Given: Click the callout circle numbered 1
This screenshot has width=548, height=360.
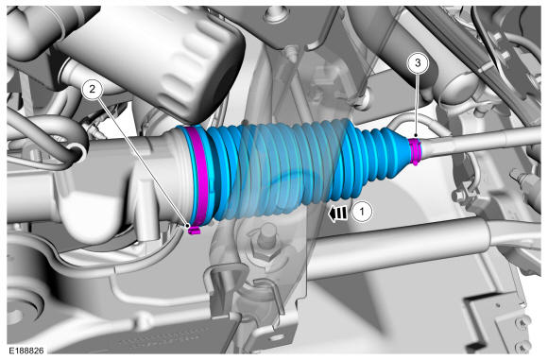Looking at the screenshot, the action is [x=362, y=212].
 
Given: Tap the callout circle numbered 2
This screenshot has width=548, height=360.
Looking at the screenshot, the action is [x=92, y=89].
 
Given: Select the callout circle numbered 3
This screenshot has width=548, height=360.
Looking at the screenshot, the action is [x=418, y=63].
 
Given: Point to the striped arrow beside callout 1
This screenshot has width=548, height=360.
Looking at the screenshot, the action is [x=337, y=214].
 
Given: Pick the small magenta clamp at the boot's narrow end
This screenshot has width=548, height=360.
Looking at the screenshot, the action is [x=415, y=151].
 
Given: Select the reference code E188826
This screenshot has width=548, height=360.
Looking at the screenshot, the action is [x=26, y=350].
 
